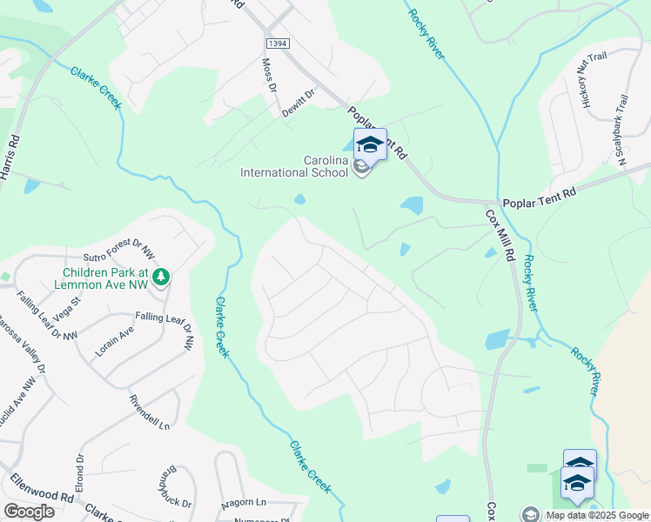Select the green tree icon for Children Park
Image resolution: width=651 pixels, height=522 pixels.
pyautogui.click(x=160, y=278)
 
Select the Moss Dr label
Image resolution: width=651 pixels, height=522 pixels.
pyautogui.click(x=269, y=77)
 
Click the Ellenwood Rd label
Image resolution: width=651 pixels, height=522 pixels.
pyautogui.click(x=41, y=487)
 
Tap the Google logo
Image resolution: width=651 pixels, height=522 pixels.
pyautogui.click(x=29, y=511)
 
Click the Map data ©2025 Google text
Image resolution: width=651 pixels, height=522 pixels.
pyautogui.click(x=596, y=515)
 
